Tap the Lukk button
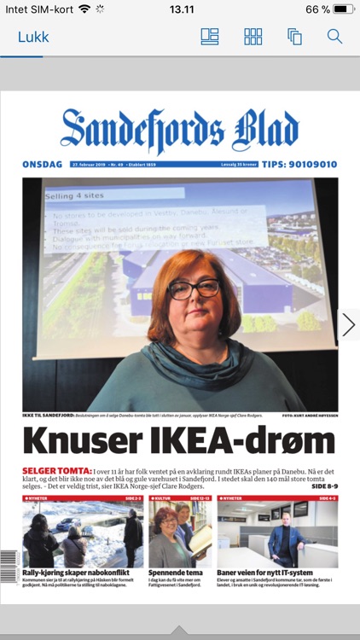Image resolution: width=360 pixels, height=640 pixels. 33,37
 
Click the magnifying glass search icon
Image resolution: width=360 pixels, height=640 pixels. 334,37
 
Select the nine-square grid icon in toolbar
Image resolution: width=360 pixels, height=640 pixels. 253,37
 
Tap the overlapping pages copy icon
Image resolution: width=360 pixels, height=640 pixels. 295,37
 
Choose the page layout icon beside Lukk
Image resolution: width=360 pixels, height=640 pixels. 210,37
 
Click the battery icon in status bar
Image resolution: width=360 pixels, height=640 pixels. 344,9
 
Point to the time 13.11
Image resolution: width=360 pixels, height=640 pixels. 181,9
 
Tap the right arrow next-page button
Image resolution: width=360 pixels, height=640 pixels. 348,324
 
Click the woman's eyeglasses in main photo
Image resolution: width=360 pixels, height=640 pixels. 194,288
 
